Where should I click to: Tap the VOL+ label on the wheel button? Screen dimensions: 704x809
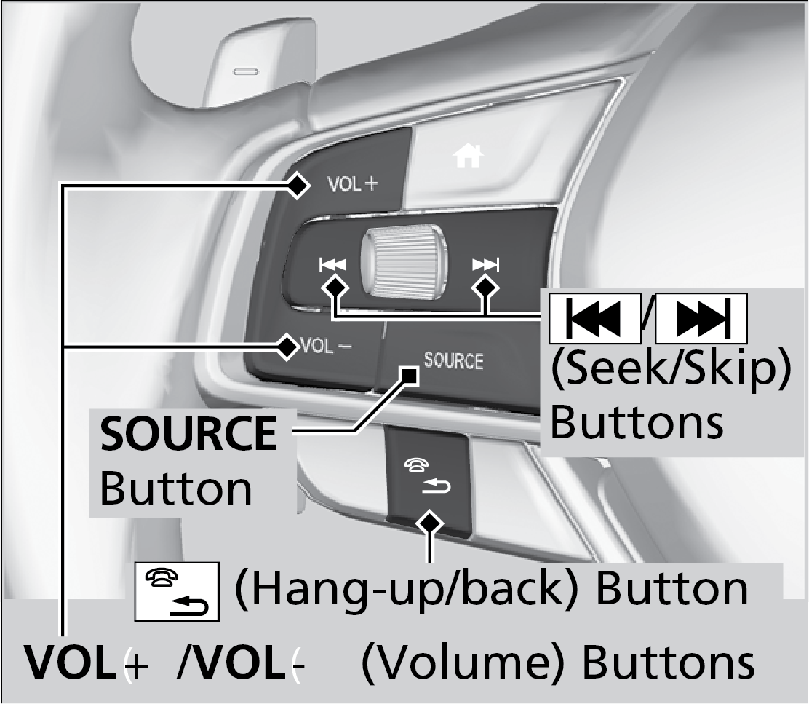pos(354,184)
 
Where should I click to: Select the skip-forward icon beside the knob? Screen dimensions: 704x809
pos(485,264)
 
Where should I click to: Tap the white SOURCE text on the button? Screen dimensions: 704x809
pos(453,360)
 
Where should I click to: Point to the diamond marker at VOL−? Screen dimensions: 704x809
pos(288,346)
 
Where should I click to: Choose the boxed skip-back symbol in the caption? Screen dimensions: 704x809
pos(594,319)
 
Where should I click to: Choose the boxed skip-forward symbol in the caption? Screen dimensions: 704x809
pos(701,319)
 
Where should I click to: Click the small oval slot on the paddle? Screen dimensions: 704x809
pos(245,71)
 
